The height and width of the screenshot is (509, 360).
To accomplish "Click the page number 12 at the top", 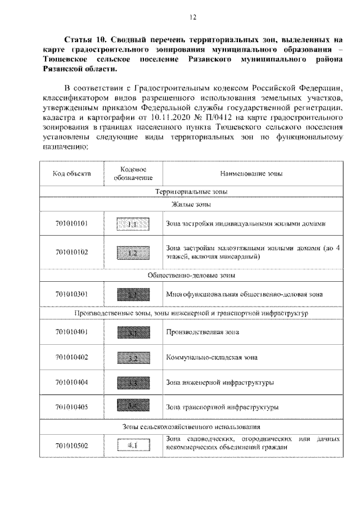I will coord(192,17).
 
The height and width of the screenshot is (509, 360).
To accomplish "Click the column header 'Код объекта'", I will coord(72,174).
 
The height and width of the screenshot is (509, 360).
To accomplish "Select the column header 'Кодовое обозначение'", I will coord(134,174).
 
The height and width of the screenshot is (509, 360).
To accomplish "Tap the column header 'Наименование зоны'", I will coord(252,174).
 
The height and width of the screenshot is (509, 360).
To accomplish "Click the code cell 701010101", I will coord(72,223).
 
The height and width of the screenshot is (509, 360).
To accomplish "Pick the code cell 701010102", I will coord(72,252).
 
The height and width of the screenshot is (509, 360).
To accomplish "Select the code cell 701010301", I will coord(72,293).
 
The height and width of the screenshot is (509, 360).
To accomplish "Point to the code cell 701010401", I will coord(72,332).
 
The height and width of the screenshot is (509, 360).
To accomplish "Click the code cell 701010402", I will coord(72,357).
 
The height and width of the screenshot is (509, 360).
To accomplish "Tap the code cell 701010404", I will coord(72,382).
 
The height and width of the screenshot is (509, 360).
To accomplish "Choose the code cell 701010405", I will coord(72,407).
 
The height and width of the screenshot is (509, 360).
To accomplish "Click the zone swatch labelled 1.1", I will coord(133,224).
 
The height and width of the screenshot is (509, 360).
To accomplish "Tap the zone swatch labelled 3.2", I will coord(133,357).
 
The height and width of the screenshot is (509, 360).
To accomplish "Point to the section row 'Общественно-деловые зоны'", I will coord(191,276).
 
